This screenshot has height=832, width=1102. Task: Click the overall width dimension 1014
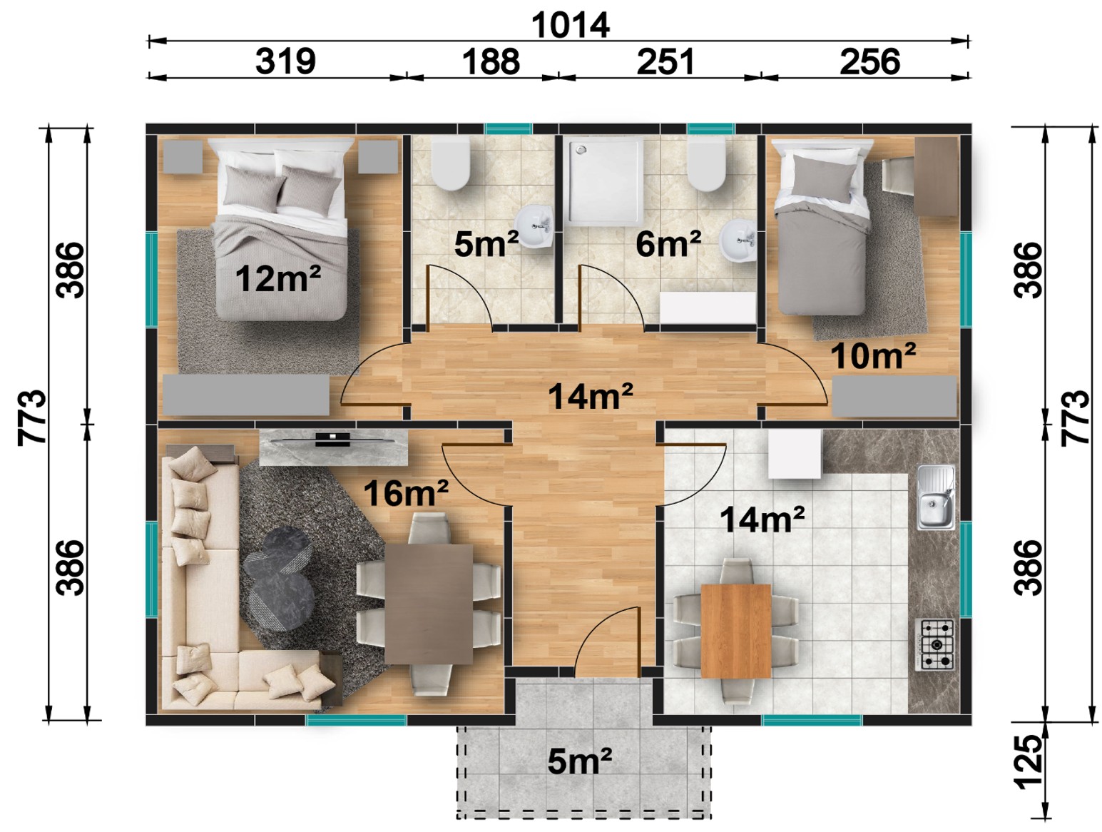tap(571, 25)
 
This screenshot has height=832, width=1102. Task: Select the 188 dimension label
tap(491, 62)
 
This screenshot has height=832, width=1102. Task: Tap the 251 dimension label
tap(665, 62)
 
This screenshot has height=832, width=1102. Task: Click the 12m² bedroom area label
tap(277, 278)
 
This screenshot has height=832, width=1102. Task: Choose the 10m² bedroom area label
tap(872, 355)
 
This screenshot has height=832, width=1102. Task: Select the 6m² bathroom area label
tap(668, 244)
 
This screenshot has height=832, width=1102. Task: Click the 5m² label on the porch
tap(579, 760)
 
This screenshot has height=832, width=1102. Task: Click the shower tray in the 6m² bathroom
tap(606, 181)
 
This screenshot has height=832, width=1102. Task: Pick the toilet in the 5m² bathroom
tap(450, 163)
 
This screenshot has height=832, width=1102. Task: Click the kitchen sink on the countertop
tap(936, 497)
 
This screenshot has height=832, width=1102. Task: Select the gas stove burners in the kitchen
tap(934, 645)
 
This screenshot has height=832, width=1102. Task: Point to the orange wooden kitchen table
tap(735, 631)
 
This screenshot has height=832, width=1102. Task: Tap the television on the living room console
tap(333, 439)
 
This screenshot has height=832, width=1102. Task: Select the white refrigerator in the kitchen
tap(795, 453)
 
